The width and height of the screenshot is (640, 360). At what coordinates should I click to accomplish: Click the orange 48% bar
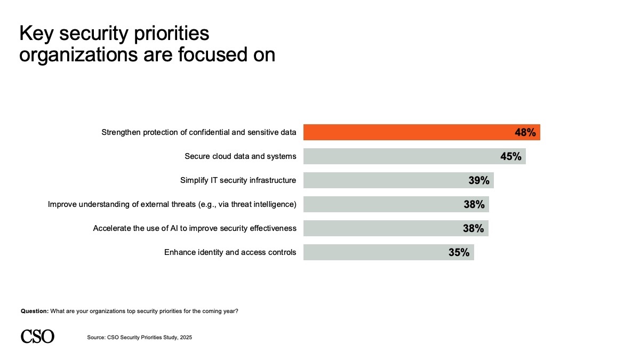(x=405, y=132)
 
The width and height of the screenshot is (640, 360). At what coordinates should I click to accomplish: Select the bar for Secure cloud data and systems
(x=400, y=156)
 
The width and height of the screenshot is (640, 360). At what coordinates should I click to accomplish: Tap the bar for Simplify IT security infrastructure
(x=384, y=180)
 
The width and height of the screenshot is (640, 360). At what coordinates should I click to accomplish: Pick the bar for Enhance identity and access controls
(x=373, y=252)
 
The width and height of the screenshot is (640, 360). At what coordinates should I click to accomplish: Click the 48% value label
(x=525, y=132)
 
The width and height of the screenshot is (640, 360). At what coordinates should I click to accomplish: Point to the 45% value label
(x=510, y=156)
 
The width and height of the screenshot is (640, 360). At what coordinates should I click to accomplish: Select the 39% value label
(x=479, y=180)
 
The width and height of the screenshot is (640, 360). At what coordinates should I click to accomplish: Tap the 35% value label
(x=459, y=252)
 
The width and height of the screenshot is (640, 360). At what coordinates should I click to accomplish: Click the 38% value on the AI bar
(x=473, y=228)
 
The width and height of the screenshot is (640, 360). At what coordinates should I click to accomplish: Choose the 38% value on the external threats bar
(x=474, y=204)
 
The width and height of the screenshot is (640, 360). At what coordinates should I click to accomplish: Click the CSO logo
(x=37, y=337)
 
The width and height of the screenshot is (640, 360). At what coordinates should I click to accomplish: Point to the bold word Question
(x=35, y=311)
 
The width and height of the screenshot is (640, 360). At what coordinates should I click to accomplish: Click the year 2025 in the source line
(x=186, y=337)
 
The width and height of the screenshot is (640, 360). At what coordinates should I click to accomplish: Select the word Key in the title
(x=37, y=34)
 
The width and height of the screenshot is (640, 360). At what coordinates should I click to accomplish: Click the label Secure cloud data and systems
(x=240, y=156)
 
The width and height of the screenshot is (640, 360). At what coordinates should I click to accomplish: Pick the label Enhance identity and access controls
(x=230, y=252)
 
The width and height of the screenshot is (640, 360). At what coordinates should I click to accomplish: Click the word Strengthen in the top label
(x=121, y=132)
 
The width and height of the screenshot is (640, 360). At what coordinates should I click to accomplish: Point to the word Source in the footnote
(x=96, y=337)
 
